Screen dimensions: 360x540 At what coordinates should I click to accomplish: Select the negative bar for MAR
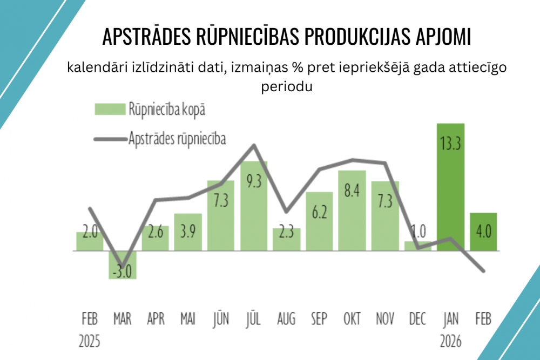click(x=123, y=265)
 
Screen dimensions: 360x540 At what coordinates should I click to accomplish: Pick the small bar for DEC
click(x=418, y=246)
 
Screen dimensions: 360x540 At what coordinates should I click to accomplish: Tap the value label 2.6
click(x=155, y=233)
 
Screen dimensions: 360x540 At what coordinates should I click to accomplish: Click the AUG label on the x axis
click(x=286, y=320)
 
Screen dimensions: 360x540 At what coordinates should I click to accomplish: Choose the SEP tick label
click(x=319, y=320)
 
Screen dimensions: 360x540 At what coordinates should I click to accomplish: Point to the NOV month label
click(x=385, y=320)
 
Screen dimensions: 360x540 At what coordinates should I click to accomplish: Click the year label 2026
click(x=450, y=342)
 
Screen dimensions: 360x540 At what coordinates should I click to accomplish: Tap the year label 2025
click(x=90, y=342)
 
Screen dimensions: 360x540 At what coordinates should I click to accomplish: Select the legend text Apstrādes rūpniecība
click(x=177, y=138)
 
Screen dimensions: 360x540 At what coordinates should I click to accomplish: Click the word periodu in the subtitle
click(x=287, y=86)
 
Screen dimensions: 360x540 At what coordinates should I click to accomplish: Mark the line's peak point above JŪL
click(x=254, y=145)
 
